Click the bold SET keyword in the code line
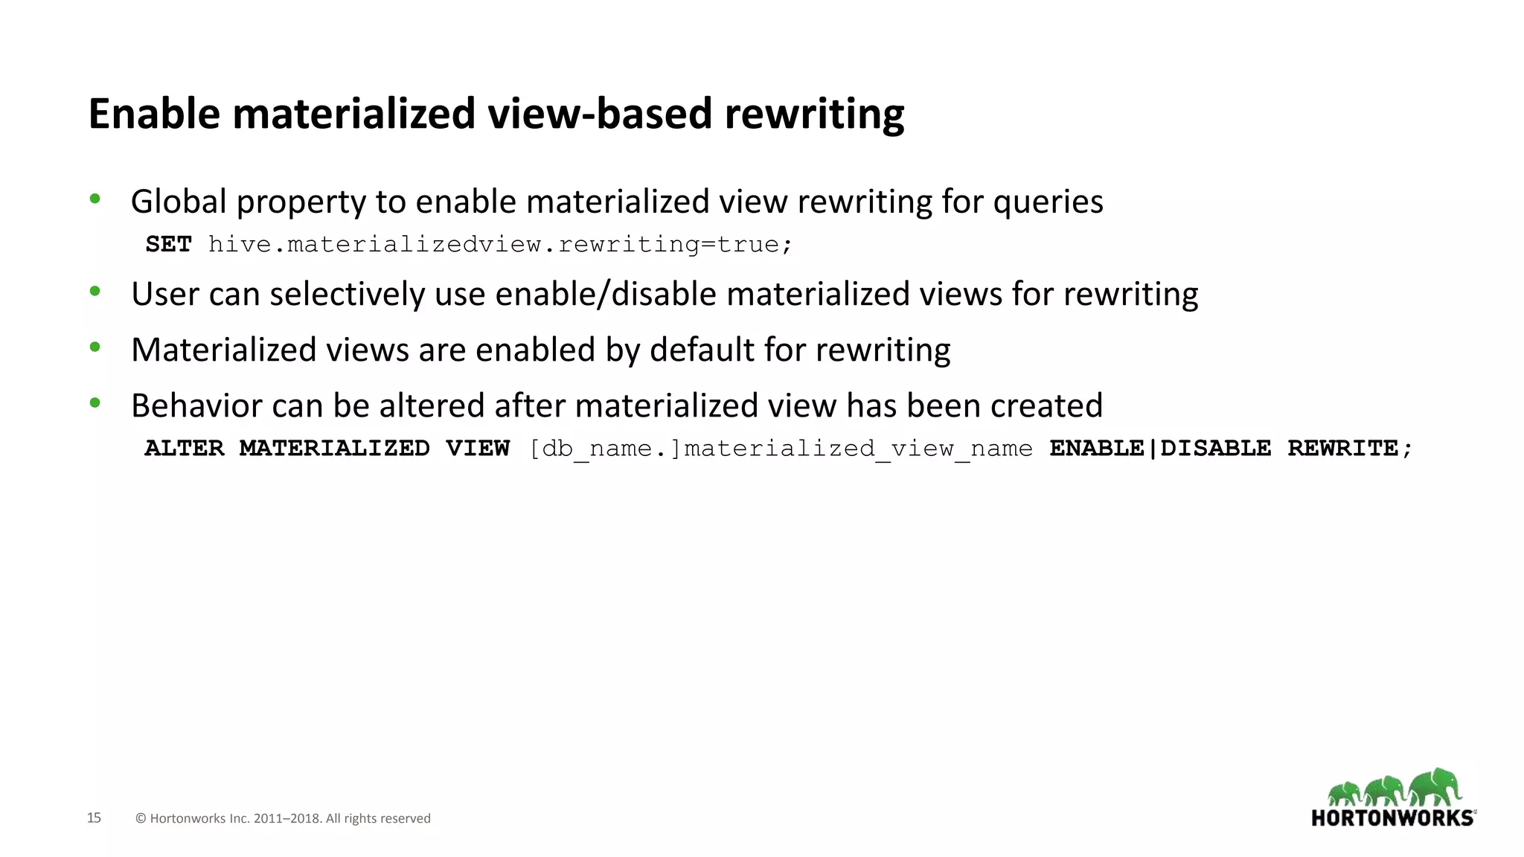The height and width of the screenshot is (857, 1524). tap(169, 244)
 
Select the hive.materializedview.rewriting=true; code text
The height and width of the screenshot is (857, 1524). tap(500, 244)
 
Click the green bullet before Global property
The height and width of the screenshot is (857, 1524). tap(95, 199)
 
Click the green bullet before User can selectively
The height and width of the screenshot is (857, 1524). tap(95, 292)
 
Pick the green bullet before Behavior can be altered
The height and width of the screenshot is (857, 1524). tap(95, 403)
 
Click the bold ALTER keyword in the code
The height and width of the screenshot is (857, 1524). tap(184, 448)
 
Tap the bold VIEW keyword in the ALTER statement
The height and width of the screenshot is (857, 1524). tap(477, 448)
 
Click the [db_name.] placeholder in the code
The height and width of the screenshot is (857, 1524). tap(605, 449)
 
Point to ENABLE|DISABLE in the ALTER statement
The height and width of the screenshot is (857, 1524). tap(1159, 448)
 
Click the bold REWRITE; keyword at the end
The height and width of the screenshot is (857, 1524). tap(1349, 448)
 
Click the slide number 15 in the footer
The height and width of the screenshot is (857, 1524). tap(94, 818)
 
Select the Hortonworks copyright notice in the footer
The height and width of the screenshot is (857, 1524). tap(283, 818)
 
